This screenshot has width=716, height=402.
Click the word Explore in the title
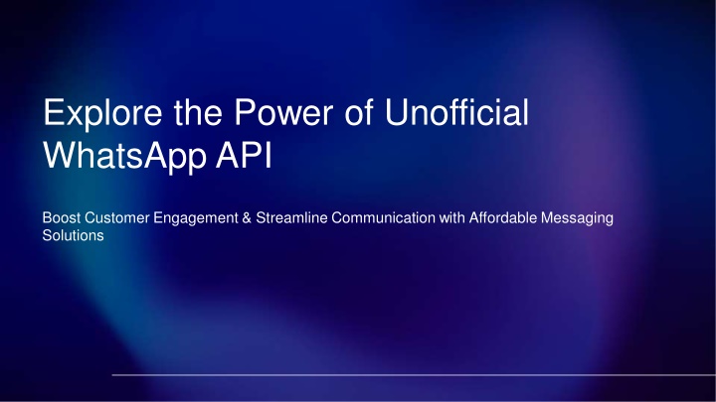[102, 113]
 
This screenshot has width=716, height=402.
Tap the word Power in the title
[283, 111]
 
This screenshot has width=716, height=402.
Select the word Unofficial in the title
[456, 111]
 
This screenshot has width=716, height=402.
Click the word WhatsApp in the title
[124, 157]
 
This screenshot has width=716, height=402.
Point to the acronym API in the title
[244, 155]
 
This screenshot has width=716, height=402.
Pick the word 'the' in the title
[198, 111]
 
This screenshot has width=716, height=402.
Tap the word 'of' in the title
[359, 111]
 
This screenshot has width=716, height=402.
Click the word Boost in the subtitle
[62, 217]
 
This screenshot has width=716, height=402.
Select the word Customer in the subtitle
[117, 217]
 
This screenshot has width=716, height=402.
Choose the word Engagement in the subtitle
[196, 218]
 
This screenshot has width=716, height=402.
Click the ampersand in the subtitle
[247, 217]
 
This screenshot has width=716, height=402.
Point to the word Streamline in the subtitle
[291, 217]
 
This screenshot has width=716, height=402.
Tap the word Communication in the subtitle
[384, 217]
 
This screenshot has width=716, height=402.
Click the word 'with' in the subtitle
[452, 217]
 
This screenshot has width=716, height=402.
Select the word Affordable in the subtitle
[503, 217]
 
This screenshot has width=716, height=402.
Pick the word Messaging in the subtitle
[577, 218]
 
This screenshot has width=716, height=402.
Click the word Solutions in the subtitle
[73, 235]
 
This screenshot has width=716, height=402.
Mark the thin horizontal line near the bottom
[414, 375]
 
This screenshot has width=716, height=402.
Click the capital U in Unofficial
[396, 111]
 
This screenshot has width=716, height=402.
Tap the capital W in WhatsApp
[62, 155]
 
